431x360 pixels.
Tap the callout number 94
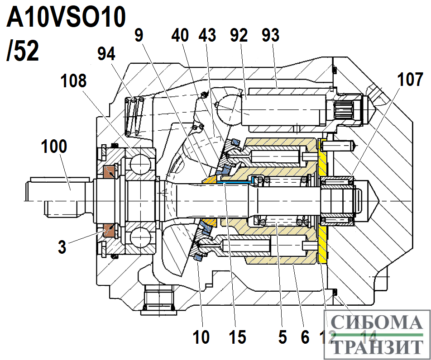(106, 54)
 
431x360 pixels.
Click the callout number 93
(271, 36)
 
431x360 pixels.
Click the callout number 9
(140, 36)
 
